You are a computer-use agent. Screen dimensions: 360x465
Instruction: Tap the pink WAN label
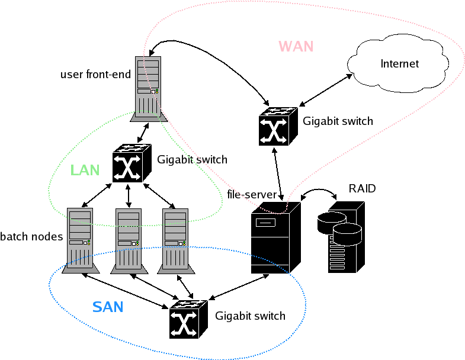coord(296,46)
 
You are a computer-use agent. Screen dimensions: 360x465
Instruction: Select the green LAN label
coord(85,170)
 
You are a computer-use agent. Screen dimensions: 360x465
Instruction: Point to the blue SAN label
coord(108,307)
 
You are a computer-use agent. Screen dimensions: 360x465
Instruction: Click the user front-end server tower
coord(147,86)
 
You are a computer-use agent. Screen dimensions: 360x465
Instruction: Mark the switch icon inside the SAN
coord(188,319)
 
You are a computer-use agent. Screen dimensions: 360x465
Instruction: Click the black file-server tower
coord(271,237)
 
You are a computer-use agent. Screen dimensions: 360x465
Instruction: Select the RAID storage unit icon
coord(345,236)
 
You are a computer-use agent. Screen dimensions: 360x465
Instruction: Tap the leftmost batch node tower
coord(79,240)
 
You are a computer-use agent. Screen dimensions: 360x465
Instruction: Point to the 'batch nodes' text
coord(31,237)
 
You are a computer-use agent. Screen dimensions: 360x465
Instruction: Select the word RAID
coord(362,189)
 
